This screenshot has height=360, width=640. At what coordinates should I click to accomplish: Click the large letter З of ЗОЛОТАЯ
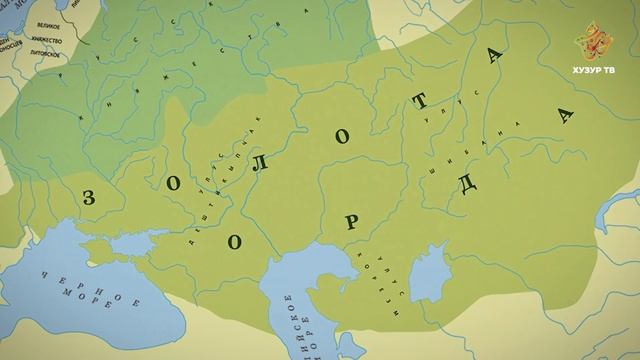pyautogui.click(x=90, y=197)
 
